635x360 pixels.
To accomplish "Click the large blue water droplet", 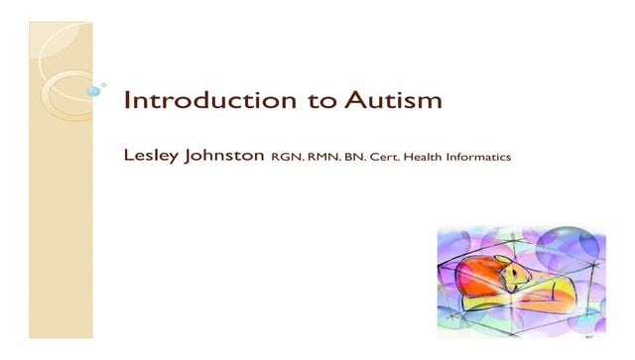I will pos(93,90).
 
